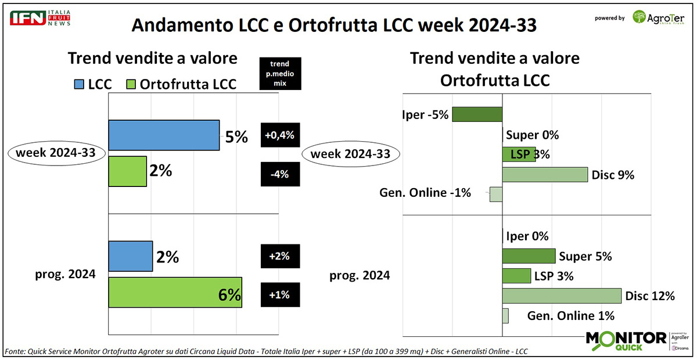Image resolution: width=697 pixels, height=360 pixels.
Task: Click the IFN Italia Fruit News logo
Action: pos(39,17)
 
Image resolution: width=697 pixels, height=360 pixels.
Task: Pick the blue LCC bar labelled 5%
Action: pos(164,135)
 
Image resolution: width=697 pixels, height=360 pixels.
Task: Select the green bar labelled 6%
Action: pos(175,292)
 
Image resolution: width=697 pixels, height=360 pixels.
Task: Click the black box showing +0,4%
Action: pos(280,135)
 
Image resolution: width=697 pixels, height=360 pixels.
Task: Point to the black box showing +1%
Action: pos(280,295)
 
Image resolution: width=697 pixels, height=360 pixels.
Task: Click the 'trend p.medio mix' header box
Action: pos(281,73)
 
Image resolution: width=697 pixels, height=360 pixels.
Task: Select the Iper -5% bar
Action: pos(477,114)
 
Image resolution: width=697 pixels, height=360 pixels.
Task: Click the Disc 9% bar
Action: pos(545,175)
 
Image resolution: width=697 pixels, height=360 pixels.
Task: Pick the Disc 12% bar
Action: pos(562,296)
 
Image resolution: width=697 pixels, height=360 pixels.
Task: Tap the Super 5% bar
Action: pos(529,256)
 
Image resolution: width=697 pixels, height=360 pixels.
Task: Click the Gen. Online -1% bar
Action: pos(495,194)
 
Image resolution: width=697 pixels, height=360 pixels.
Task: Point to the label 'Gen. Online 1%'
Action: pos(570,316)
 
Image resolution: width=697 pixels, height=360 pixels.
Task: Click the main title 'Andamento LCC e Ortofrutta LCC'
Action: pos(333,26)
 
